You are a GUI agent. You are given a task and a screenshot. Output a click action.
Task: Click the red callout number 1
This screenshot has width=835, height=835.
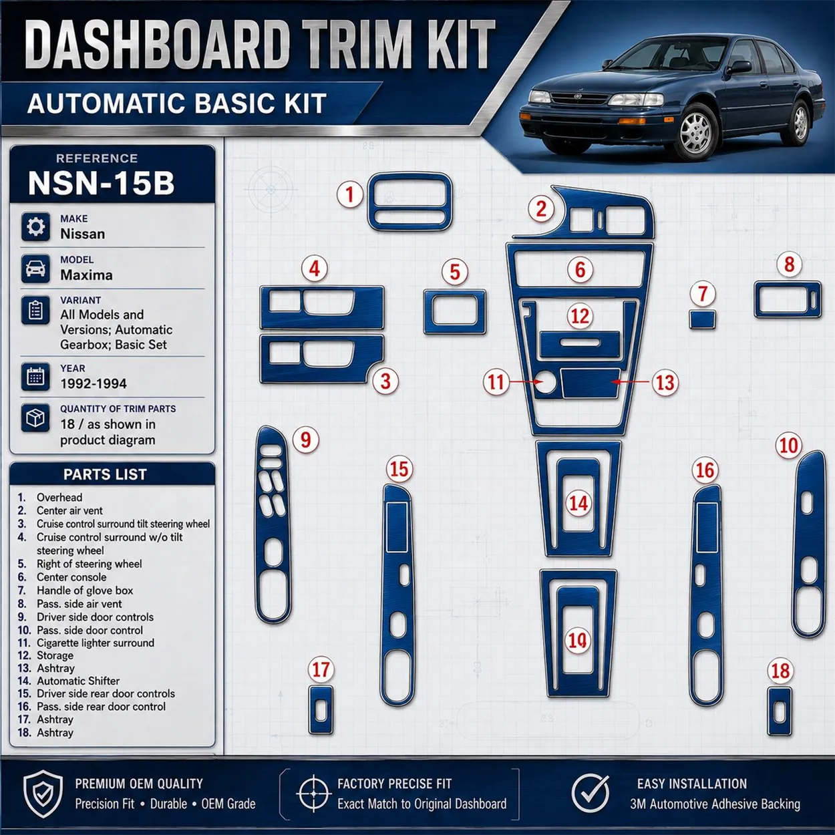coord(349,194)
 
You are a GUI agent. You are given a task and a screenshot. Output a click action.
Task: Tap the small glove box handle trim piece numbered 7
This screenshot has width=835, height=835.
coord(703,319)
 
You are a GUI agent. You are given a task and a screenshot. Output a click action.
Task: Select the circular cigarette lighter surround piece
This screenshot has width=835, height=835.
coord(545,382)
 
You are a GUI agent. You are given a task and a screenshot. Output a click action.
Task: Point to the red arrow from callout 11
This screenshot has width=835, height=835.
coord(526,381)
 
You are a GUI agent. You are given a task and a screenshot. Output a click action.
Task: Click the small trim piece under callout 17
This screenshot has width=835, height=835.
coord(321,710)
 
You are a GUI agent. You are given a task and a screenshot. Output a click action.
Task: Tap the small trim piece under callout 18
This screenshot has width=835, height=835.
coord(780,711)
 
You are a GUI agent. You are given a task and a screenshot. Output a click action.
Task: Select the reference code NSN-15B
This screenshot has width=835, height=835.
coord(101,183)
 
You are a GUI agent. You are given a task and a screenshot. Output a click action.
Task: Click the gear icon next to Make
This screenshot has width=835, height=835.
coord(35,226)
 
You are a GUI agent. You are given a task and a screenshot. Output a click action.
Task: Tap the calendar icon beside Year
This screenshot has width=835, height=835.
coord(35,376)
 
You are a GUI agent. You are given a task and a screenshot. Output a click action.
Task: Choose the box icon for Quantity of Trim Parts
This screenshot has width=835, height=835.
coord(35,417)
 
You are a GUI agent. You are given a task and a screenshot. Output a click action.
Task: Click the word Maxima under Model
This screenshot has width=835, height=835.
coord(86,275)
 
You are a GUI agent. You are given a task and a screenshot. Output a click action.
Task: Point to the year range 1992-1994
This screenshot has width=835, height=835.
coord(93,383)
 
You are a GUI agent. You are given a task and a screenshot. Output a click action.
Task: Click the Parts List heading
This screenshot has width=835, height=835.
coord(105,474)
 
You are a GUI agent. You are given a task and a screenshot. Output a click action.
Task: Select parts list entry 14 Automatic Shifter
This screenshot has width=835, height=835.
coord(68,681)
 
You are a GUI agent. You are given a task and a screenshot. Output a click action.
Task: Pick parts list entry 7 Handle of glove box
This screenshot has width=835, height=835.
coord(75,590)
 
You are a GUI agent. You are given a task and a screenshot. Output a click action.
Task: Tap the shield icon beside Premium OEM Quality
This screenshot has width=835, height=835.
coord(43,794)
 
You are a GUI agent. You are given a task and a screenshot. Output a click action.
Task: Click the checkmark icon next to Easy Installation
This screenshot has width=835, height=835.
coord(590,794)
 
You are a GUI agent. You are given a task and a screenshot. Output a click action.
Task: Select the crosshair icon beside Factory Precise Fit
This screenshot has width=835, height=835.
coord(313,794)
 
